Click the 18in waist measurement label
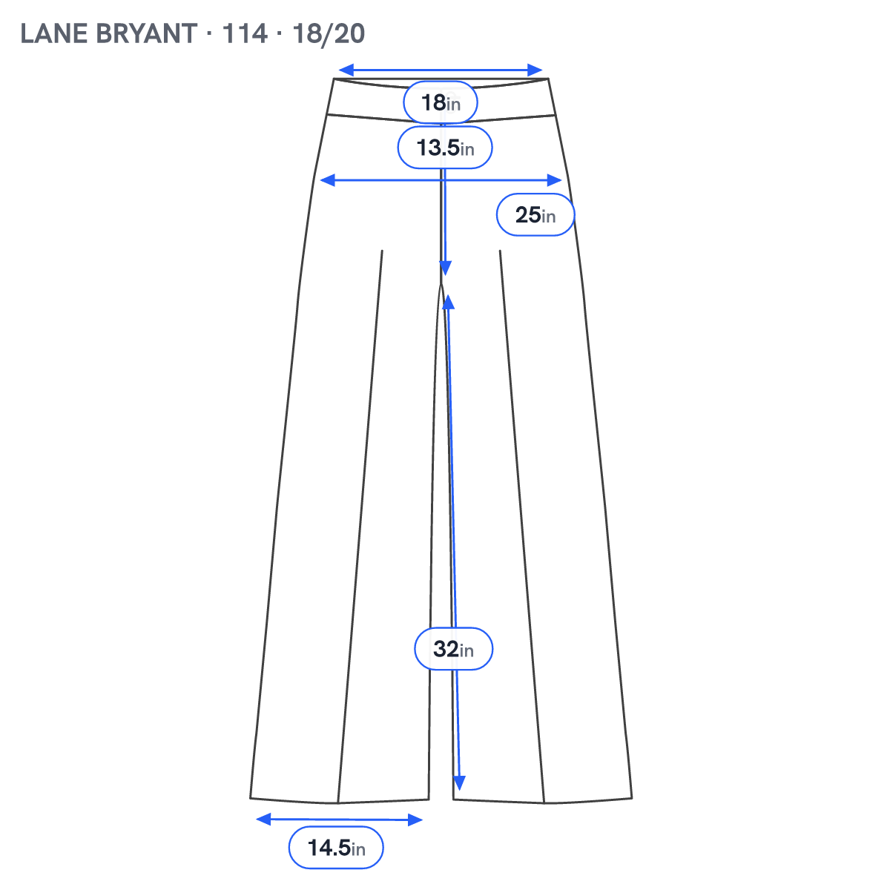click(x=440, y=102)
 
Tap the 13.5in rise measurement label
click(x=445, y=148)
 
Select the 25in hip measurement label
click(x=535, y=214)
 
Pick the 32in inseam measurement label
click(x=453, y=648)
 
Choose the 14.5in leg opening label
click(x=336, y=848)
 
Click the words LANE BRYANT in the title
click(x=109, y=33)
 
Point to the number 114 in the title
click(x=245, y=33)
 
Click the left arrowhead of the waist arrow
click(x=346, y=70)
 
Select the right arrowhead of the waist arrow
click(x=535, y=70)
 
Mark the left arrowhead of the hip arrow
click(x=327, y=180)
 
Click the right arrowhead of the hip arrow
click(x=554, y=180)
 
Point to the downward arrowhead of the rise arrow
click(x=445, y=268)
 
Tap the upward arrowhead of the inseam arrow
click(x=449, y=302)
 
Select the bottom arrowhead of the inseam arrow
click(x=459, y=782)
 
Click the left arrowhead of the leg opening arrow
click(x=263, y=820)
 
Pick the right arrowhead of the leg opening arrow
click(x=415, y=820)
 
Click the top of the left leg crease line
click(x=382, y=251)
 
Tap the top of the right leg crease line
click(x=500, y=251)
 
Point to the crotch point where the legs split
click(x=441, y=283)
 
